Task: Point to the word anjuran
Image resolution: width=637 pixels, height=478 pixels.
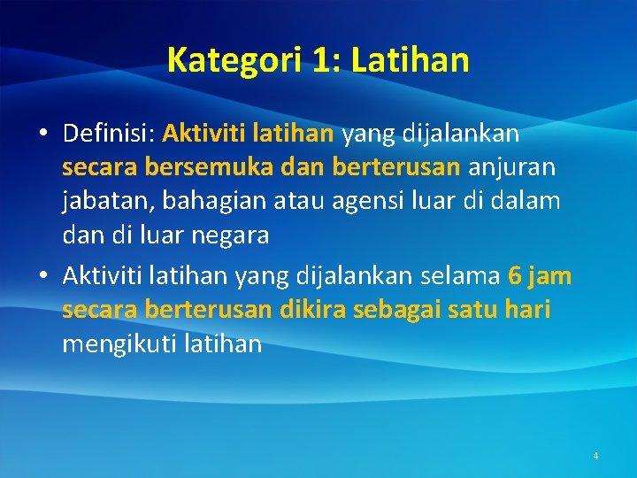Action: pos(513,167)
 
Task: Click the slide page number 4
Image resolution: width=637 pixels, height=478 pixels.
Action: pos(595,456)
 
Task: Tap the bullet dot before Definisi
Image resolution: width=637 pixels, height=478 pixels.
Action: pos(42,135)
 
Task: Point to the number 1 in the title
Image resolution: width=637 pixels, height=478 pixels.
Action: pos(320,60)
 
